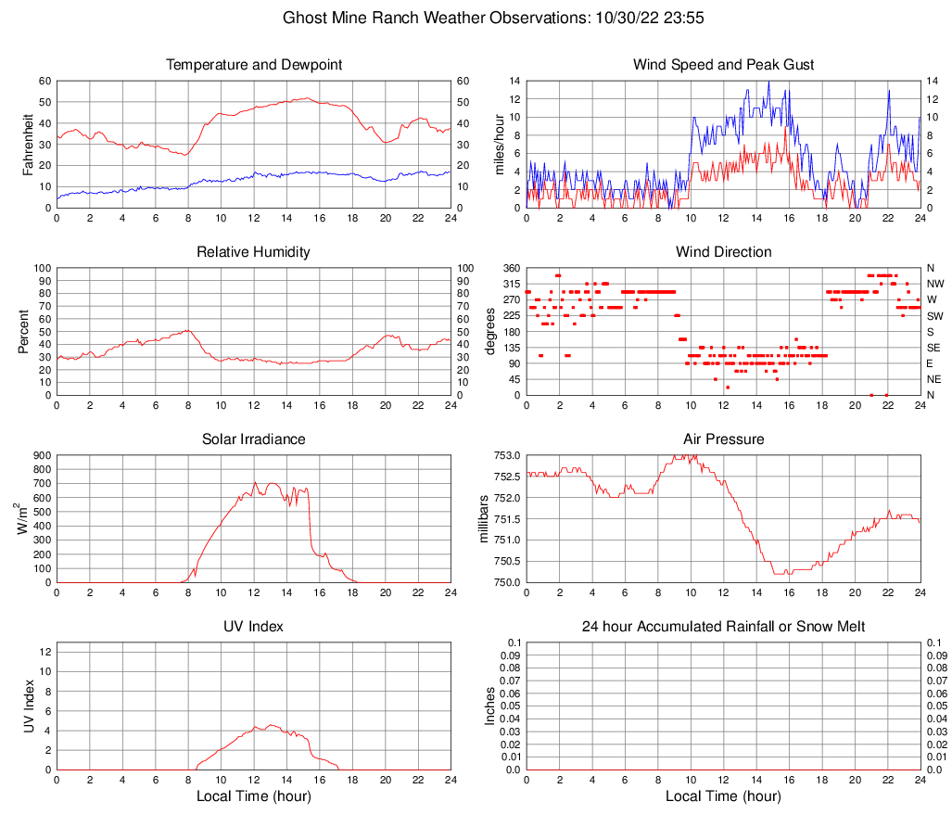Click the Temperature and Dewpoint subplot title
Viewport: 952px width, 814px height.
[x=254, y=65]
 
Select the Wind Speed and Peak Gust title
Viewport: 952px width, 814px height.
[x=723, y=65]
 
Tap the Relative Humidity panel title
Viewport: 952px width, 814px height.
[x=254, y=252]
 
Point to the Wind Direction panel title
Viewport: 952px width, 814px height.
[x=723, y=252]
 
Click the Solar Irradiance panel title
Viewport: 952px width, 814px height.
[x=254, y=439]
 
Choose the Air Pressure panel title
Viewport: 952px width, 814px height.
[x=723, y=439]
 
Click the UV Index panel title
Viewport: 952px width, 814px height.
[x=254, y=627]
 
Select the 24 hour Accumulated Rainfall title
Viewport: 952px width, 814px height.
[x=723, y=627]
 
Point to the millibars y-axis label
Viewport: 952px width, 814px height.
[x=482, y=519]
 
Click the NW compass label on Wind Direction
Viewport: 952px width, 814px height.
[x=935, y=284]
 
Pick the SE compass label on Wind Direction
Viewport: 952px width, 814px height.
[x=934, y=348]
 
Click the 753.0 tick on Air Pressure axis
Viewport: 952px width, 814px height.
[x=505, y=456]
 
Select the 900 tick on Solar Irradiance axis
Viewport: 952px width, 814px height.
[x=41, y=456]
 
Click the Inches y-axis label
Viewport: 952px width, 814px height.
[x=491, y=706]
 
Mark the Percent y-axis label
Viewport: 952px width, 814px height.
[x=26, y=331]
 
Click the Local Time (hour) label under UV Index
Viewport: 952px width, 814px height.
[x=254, y=796]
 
